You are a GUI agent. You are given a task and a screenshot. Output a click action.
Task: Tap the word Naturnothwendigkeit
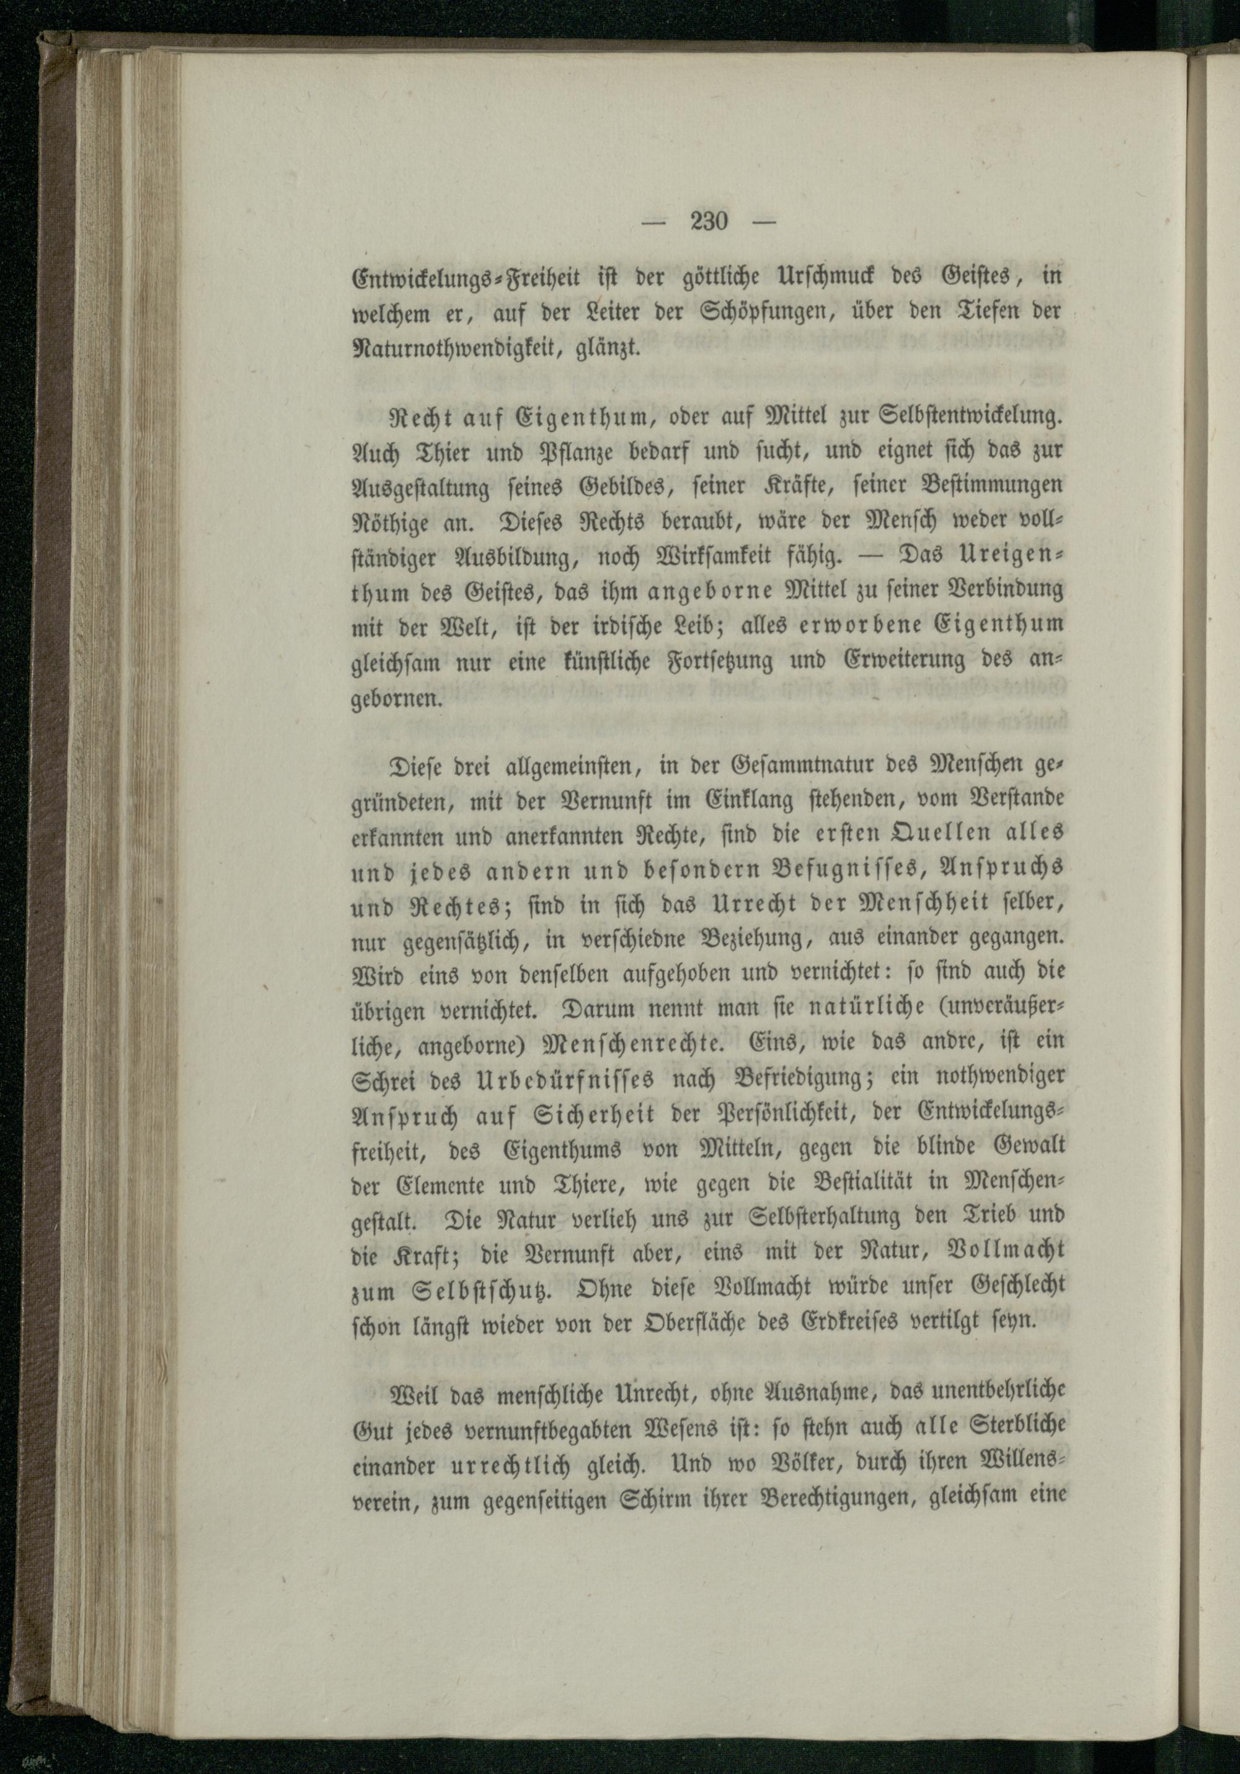[452, 347]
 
